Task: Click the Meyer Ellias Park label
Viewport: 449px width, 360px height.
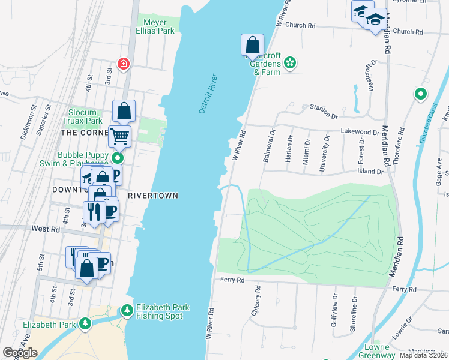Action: click(158, 26)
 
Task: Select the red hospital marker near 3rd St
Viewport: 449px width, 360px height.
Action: click(124, 64)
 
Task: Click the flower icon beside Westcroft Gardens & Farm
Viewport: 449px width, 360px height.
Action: click(290, 62)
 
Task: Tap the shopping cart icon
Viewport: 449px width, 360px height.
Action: click(119, 136)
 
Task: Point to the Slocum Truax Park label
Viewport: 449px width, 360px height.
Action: click(92, 116)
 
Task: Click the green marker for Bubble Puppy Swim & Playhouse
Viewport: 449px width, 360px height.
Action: click(118, 158)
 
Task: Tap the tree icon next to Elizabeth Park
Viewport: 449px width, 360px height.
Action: click(85, 325)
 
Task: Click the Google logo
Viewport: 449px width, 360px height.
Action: click(20, 353)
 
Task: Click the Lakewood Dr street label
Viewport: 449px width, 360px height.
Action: click(360, 132)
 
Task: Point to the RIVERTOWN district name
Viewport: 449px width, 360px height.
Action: click(154, 196)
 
